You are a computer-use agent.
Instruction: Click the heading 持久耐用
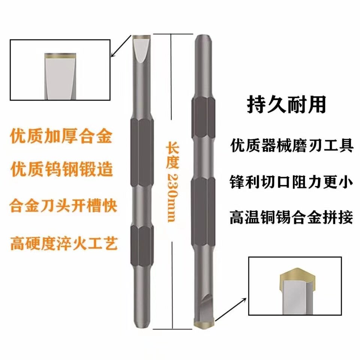point(286,105)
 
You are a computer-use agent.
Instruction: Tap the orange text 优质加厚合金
point(61,136)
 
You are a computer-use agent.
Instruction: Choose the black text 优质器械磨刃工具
point(291,146)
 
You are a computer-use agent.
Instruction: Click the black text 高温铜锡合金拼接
point(291,218)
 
